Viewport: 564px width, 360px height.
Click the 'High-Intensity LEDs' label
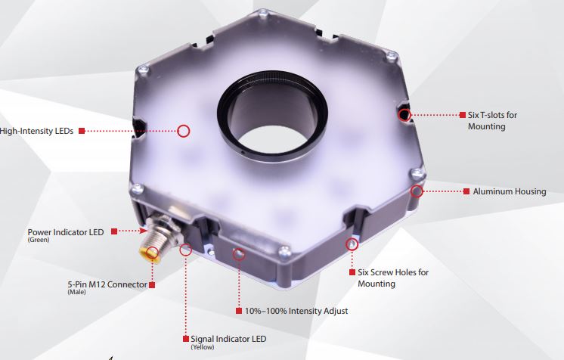pos(36,131)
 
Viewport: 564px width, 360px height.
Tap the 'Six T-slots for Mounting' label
pos(492,120)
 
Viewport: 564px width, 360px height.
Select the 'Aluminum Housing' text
pos(510,191)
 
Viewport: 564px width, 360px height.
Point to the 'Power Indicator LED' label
pos(66,232)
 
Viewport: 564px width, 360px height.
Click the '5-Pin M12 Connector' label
pos(107,284)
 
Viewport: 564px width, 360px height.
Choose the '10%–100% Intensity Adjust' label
pos(296,311)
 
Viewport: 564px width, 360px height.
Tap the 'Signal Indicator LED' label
pos(228,339)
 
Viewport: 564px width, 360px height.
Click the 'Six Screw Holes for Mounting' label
pos(393,278)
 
